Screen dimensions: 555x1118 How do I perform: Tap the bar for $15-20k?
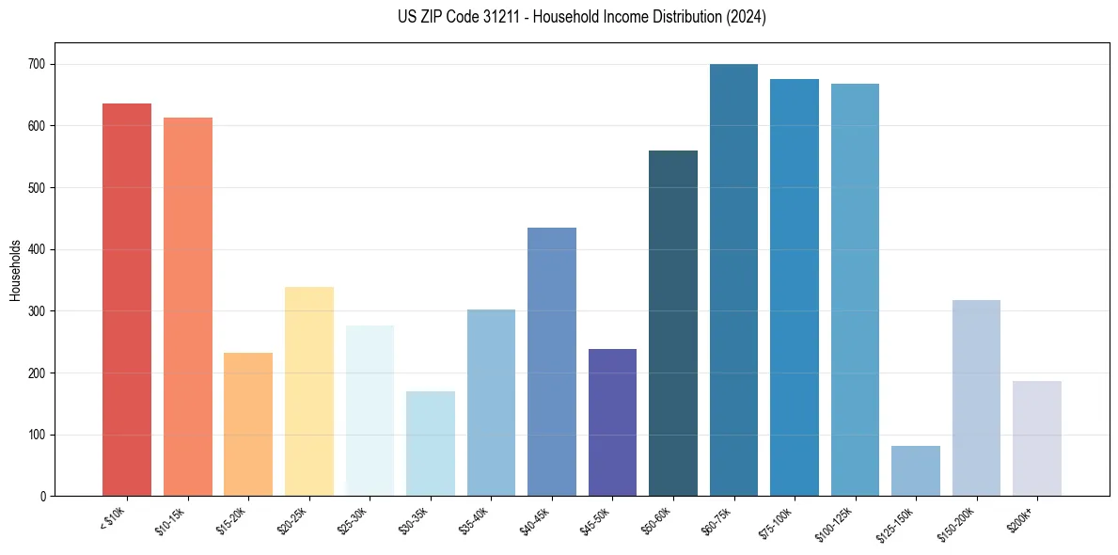[248, 424]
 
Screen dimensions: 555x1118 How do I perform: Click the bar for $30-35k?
[430, 443]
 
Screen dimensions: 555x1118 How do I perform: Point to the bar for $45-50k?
[612, 422]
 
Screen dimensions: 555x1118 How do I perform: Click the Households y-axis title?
[15, 269]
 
